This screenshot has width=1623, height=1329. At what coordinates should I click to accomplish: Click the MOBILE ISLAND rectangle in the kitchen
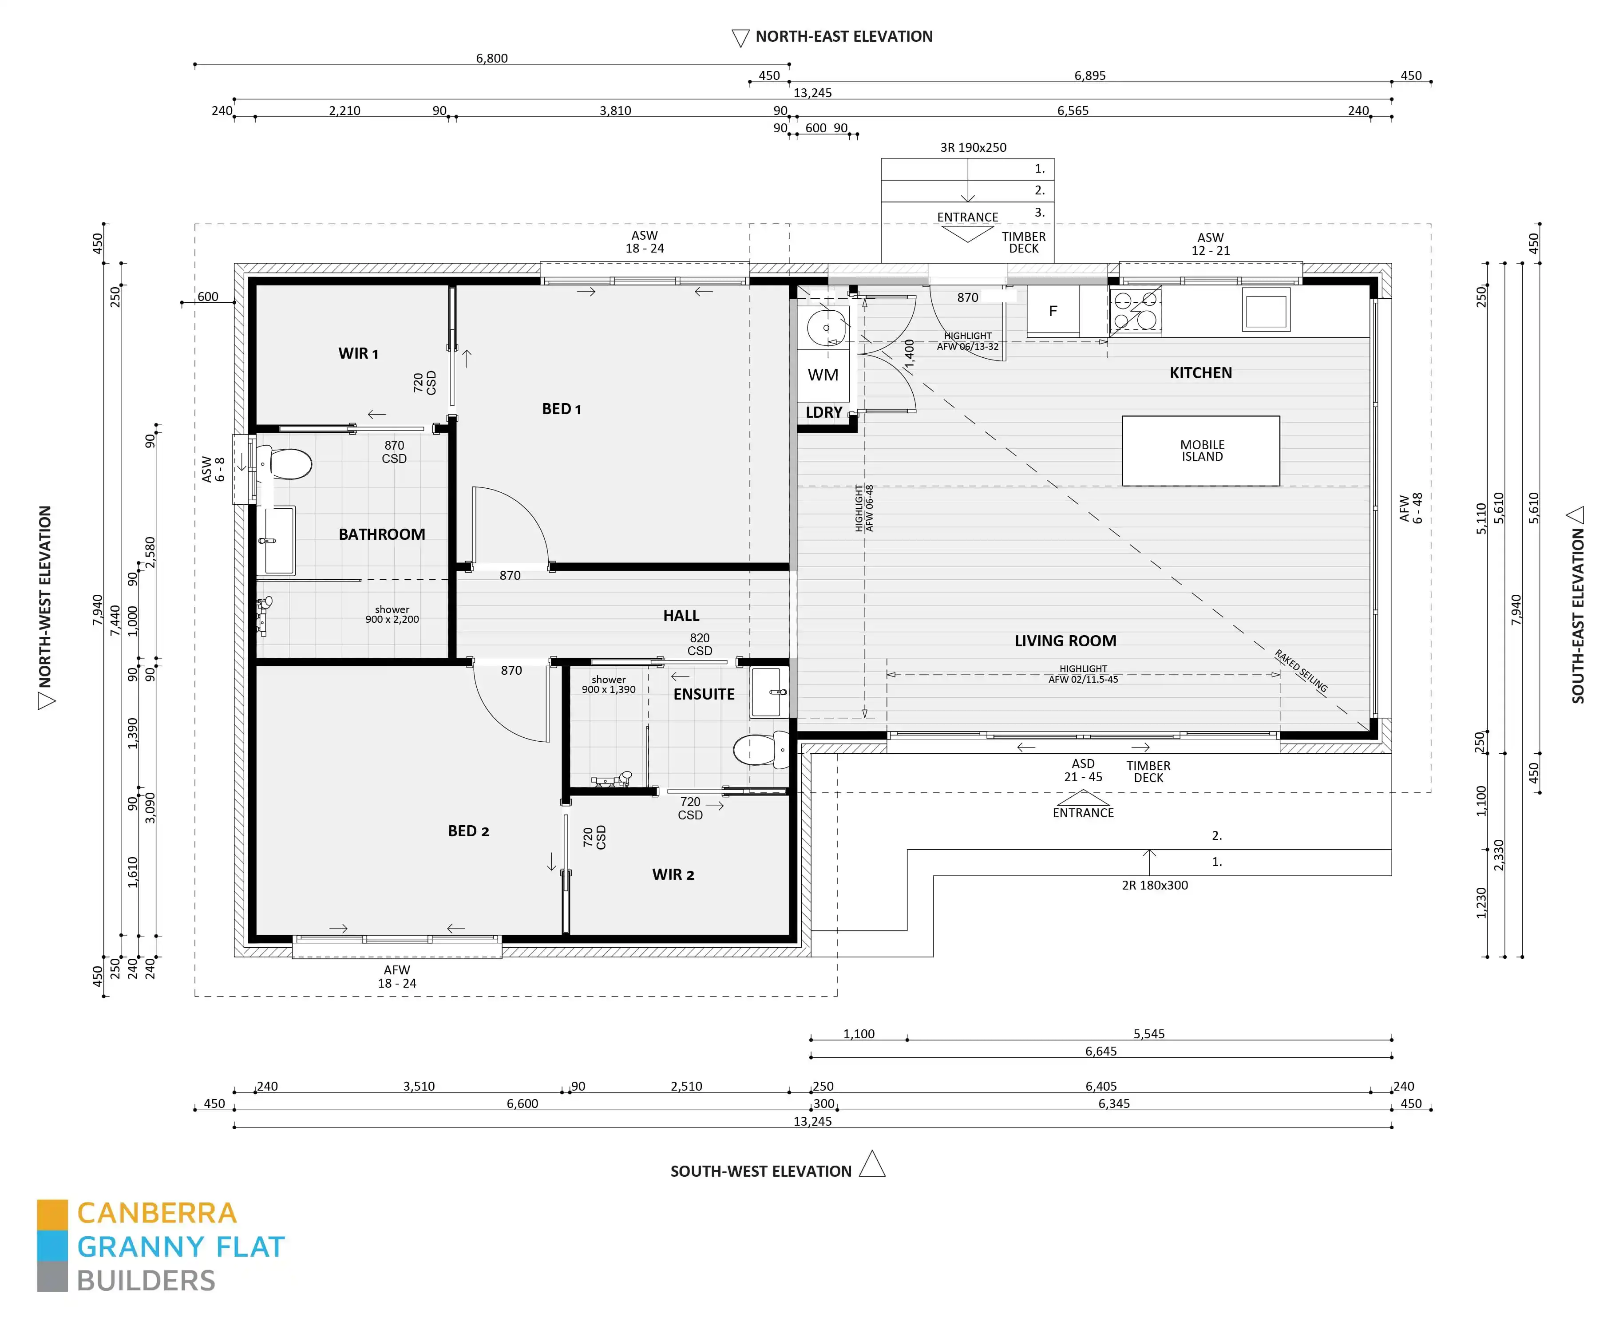pos(1200,451)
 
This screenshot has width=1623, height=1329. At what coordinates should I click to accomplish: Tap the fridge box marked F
pos(1053,311)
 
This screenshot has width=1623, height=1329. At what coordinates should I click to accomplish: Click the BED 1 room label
pos(561,409)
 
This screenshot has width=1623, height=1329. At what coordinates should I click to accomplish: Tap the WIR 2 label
pos(673,874)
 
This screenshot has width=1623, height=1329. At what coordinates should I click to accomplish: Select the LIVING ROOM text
pos(1065,641)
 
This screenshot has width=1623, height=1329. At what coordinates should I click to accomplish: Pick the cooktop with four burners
pos(1135,311)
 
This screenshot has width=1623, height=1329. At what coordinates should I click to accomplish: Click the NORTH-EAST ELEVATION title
pos(843,37)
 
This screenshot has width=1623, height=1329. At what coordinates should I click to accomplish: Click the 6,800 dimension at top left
pos(491,58)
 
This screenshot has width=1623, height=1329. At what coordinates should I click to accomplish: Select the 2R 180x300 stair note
pos(1155,885)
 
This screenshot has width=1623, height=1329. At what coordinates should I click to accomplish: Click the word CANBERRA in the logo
pos(157,1214)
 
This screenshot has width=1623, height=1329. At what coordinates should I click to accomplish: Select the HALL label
pos(681,616)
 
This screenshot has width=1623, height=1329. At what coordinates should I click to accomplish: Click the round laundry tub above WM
pos(826,328)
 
